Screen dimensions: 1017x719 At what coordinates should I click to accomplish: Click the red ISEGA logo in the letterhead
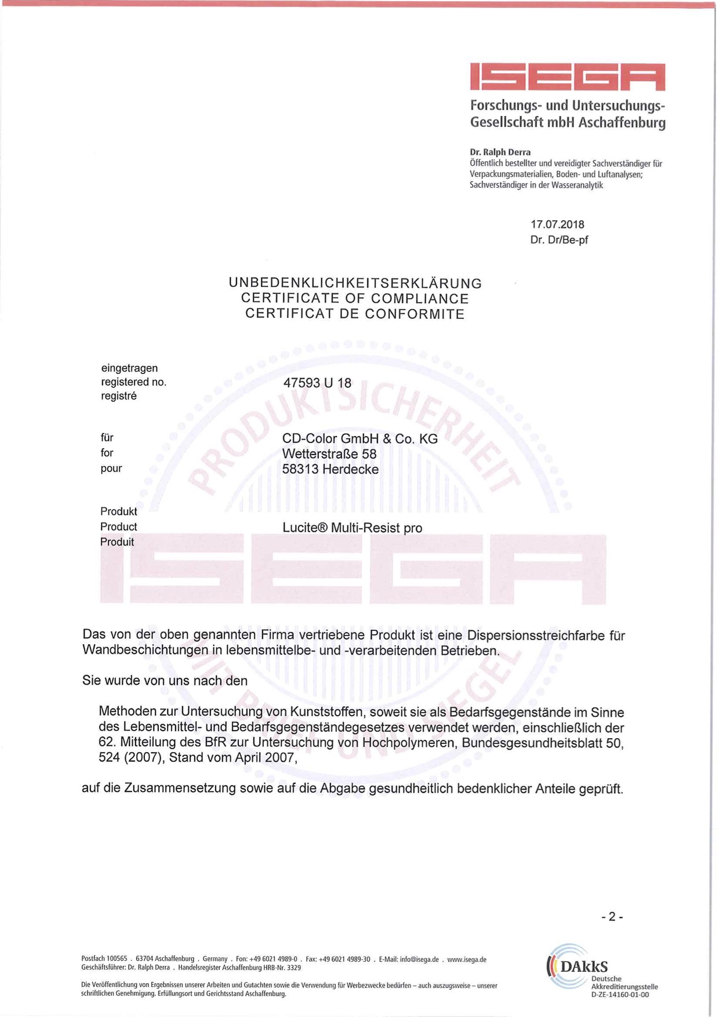(x=567, y=77)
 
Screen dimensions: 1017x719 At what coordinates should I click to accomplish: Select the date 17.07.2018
(x=557, y=224)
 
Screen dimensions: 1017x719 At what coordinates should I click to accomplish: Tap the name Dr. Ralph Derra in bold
(x=500, y=152)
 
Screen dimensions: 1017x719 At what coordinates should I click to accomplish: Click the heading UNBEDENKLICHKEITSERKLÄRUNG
(x=355, y=284)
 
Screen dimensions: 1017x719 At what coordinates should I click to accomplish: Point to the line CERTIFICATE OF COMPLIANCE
(x=355, y=299)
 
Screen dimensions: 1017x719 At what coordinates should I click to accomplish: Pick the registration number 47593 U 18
(x=317, y=383)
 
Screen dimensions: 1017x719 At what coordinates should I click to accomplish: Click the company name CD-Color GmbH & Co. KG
(x=359, y=439)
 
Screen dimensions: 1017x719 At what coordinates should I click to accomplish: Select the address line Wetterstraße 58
(x=329, y=454)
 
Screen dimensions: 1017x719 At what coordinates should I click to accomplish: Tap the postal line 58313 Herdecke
(x=330, y=469)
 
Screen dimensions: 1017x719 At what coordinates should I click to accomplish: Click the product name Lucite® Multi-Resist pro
(x=352, y=528)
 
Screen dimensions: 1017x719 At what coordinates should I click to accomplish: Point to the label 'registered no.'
(x=133, y=382)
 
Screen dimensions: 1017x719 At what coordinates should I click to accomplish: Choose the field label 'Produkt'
(x=118, y=511)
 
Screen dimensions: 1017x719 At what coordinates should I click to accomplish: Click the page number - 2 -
(x=612, y=917)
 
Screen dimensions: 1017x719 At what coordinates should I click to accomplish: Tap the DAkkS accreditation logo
(x=577, y=966)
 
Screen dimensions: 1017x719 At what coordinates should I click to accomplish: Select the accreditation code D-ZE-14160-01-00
(x=620, y=995)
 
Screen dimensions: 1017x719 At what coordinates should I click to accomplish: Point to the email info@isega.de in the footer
(x=419, y=960)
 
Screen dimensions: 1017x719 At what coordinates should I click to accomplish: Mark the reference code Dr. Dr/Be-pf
(x=559, y=240)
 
